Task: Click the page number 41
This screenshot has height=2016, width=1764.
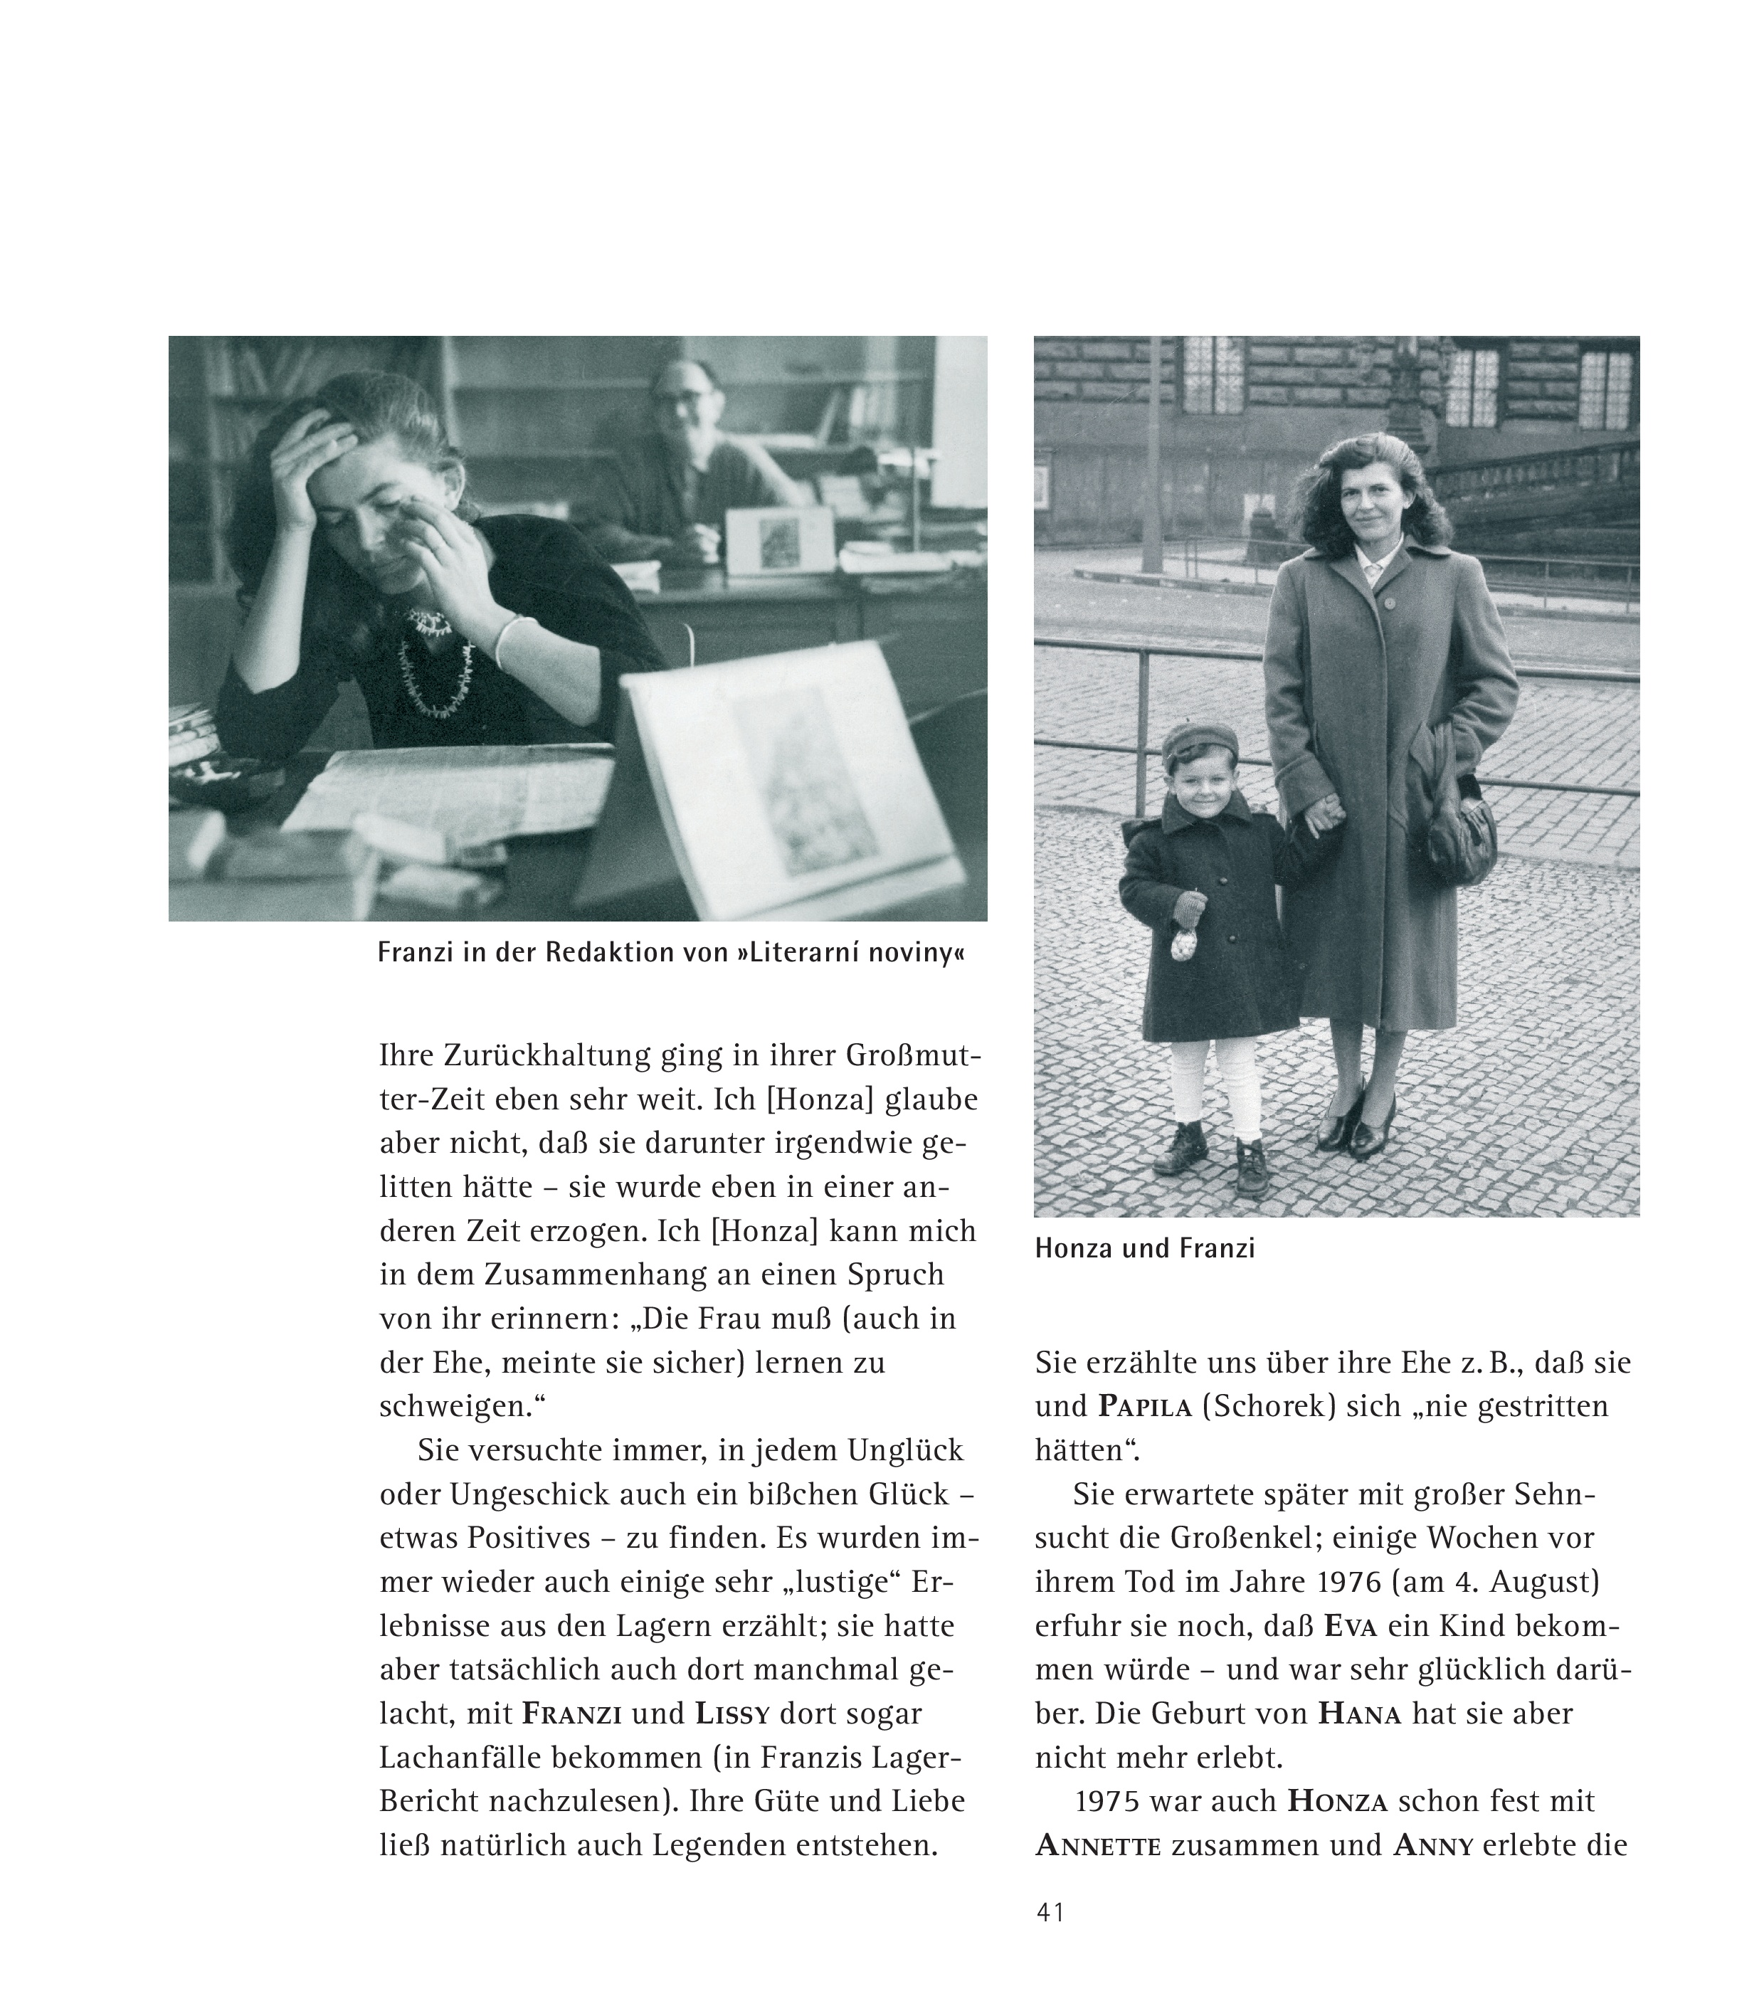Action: point(1050,1913)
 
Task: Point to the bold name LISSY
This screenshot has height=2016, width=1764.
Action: point(732,1714)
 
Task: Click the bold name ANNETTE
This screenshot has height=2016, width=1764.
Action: point(1097,1846)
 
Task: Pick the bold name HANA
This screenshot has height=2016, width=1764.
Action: point(1359,1714)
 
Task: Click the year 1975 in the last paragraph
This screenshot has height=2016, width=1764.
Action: point(1107,1801)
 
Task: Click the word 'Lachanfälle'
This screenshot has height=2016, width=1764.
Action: point(459,1758)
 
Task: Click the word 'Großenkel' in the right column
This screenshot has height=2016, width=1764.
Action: point(1235,1538)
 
